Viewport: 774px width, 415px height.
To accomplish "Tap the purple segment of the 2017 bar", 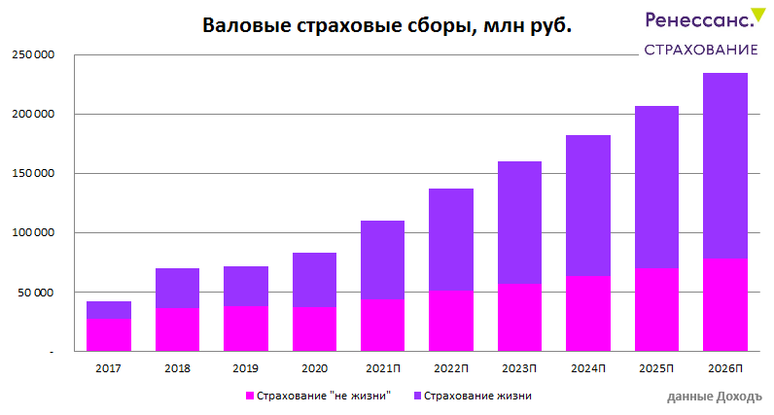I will (109, 310).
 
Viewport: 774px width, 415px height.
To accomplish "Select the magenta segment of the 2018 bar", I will (177, 329).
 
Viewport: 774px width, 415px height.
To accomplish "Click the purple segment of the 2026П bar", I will (725, 165).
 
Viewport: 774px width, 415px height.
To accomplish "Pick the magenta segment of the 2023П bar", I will (519, 317).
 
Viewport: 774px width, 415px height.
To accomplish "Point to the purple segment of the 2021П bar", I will (382, 259).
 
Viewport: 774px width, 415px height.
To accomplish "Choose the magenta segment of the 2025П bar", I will (656, 309).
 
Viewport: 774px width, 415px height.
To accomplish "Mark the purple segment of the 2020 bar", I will (314, 280).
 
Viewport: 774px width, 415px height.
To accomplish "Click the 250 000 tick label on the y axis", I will (33, 55).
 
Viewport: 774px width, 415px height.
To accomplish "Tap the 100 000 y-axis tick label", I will (33, 233).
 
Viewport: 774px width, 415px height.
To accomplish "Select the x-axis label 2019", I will (245, 369).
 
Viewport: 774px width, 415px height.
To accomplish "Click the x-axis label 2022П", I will (451, 369).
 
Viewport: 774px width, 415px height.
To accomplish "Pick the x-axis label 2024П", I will (588, 369).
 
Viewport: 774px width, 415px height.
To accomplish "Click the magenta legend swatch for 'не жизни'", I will (250, 396).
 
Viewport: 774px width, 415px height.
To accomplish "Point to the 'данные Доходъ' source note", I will (715, 397).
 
